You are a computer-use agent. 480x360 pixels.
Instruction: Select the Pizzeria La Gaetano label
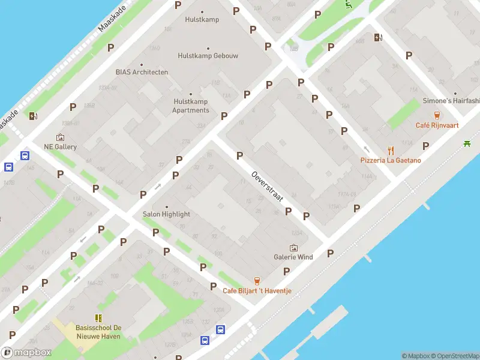tap(391, 160)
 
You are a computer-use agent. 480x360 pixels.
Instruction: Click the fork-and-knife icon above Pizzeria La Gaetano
tap(391, 150)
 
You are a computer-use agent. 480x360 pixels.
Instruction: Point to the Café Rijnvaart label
tap(437, 125)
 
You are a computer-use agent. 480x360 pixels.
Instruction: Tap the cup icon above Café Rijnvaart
tap(437, 115)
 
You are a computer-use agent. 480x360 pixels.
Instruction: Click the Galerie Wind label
tap(293, 257)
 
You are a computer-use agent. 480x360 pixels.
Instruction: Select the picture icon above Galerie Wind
tap(293, 247)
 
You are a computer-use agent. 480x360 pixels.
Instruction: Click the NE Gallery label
tap(60, 146)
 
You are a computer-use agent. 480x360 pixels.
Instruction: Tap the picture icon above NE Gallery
tap(60, 137)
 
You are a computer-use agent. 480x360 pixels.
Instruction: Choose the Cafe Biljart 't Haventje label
tap(257, 290)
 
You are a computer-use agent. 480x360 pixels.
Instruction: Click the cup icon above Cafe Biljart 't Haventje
tap(257, 280)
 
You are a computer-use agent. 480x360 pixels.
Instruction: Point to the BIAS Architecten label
tap(142, 72)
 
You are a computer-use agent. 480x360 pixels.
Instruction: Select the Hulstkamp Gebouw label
tap(208, 56)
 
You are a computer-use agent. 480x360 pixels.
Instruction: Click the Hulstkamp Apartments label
tap(191, 106)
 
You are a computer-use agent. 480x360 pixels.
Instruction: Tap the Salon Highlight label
tap(166, 214)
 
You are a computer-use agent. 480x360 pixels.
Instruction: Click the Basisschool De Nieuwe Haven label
tap(98, 332)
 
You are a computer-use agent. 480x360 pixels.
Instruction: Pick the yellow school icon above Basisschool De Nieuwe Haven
tap(98, 318)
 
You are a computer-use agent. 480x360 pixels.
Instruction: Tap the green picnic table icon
tap(467, 143)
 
